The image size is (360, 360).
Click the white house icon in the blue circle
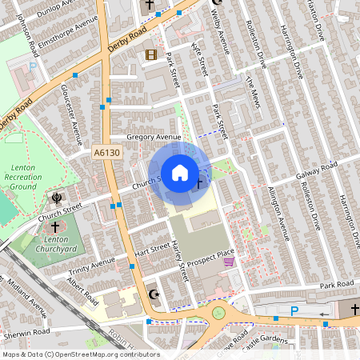[x=180, y=172]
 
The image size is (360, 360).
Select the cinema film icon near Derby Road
[x=150, y=55]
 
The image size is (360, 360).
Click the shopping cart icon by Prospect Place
[x=229, y=261]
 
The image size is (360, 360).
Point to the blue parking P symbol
[x=294, y=311]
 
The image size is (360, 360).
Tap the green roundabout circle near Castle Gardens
[x=218, y=313]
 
